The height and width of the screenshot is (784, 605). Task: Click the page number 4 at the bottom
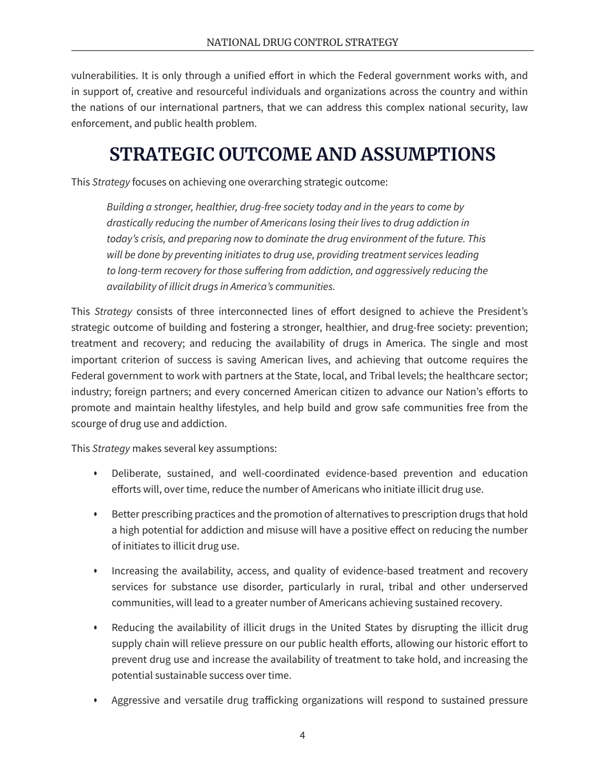pyautogui.click(x=302, y=735)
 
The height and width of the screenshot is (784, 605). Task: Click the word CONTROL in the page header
pyautogui.click(x=303, y=43)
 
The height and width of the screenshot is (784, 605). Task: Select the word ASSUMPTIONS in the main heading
pyautogui.click(x=428, y=155)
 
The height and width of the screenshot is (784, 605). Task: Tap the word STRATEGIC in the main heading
pyautogui.click(x=161, y=155)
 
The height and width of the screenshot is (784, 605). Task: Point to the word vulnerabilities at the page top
pyautogui.click(x=102, y=75)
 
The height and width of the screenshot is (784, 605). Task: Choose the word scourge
pyautogui.click(x=89, y=423)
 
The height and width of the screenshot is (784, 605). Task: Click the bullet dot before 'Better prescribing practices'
pyautogui.click(x=96, y=514)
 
